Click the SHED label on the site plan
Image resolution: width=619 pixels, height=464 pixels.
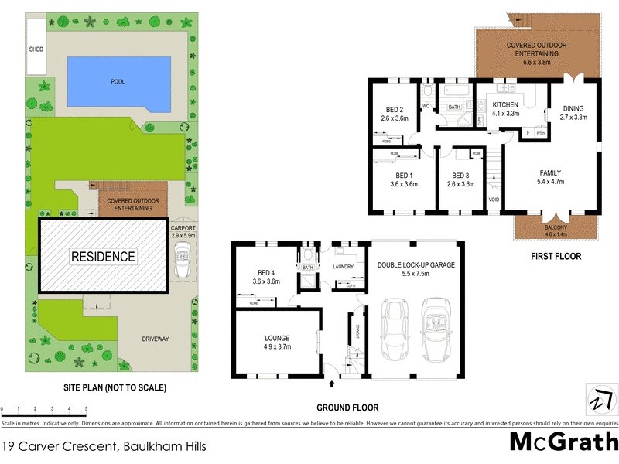[36, 49]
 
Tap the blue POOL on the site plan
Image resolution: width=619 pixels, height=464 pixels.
[118, 81]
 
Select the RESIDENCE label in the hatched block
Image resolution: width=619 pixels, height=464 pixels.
[103, 257]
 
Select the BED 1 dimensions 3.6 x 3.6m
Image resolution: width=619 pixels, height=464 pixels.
[403, 184]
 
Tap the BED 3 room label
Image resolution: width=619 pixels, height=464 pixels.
[461, 175]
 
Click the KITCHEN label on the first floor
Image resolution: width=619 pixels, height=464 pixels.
[505, 104]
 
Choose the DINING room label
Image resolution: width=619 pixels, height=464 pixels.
[573, 108]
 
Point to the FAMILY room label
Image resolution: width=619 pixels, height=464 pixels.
[550, 172]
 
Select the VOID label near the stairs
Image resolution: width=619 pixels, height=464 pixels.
[494, 200]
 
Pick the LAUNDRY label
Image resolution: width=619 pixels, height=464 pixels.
[343, 267]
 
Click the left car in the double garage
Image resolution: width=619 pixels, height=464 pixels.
[395, 330]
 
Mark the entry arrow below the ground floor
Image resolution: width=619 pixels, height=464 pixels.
[332, 383]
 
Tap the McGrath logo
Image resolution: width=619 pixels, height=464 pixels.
[564, 442]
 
